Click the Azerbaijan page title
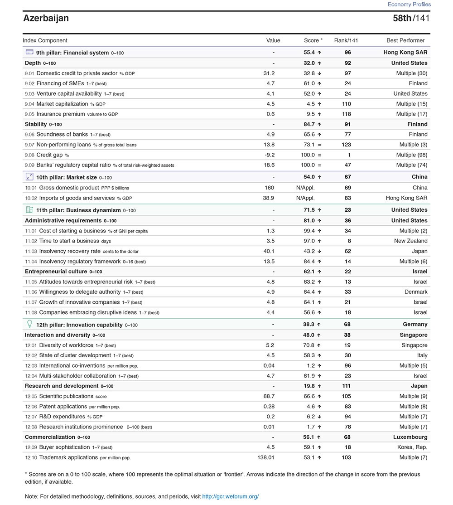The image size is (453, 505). tap(46, 18)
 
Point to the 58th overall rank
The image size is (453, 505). tap(402, 18)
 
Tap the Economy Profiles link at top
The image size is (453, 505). tap(409, 4)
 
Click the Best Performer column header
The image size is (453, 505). tap(405, 40)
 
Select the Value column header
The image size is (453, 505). tap(273, 40)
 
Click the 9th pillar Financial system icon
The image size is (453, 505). tap(29, 52)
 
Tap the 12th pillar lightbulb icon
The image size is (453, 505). tap(29, 324)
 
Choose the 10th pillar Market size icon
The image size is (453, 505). tap(29, 177)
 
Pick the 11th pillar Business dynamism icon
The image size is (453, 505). tap(29, 210)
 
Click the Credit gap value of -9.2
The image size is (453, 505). tap(269, 155)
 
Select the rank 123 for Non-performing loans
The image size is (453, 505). tap(347, 145)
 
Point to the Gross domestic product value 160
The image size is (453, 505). tap(270, 188)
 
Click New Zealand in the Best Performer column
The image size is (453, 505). tap(410, 241)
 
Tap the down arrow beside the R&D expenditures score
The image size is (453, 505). tap(319, 417)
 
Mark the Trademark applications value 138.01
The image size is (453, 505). tap(266, 457)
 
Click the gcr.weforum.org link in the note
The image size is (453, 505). tap(231, 496)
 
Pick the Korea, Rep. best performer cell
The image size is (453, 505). tap(412, 447)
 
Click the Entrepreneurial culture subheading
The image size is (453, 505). tap(56, 272)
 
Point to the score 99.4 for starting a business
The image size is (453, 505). tap(309, 231)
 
